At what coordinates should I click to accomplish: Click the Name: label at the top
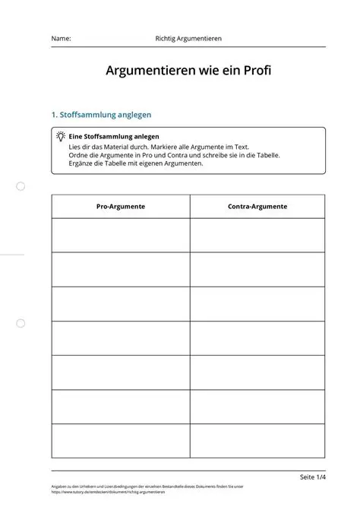click(x=62, y=38)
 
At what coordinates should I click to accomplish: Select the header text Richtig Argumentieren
click(x=188, y=38)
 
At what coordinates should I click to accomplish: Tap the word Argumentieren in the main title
click(x=147, y=71)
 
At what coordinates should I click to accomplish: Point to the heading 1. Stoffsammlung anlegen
click(x=101, y=115)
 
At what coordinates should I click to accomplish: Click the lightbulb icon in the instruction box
click(x=60, y=136)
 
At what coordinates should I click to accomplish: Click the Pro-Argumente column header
click(x=121, y=206)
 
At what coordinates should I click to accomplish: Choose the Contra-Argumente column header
click(x=257, y=206)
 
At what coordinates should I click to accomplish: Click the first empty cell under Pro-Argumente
click(x=121, y=235)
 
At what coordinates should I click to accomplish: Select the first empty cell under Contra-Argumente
click(x=257, y=235)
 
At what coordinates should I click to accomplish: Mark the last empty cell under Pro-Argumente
click(x=121, y=441)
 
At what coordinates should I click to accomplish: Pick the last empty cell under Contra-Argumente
click(x=257, y=441)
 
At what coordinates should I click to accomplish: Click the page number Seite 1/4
click(x=312, y=477)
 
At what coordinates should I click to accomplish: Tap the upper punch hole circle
click(x=21, y=186)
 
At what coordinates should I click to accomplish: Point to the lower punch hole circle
click(x=21, y=323)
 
